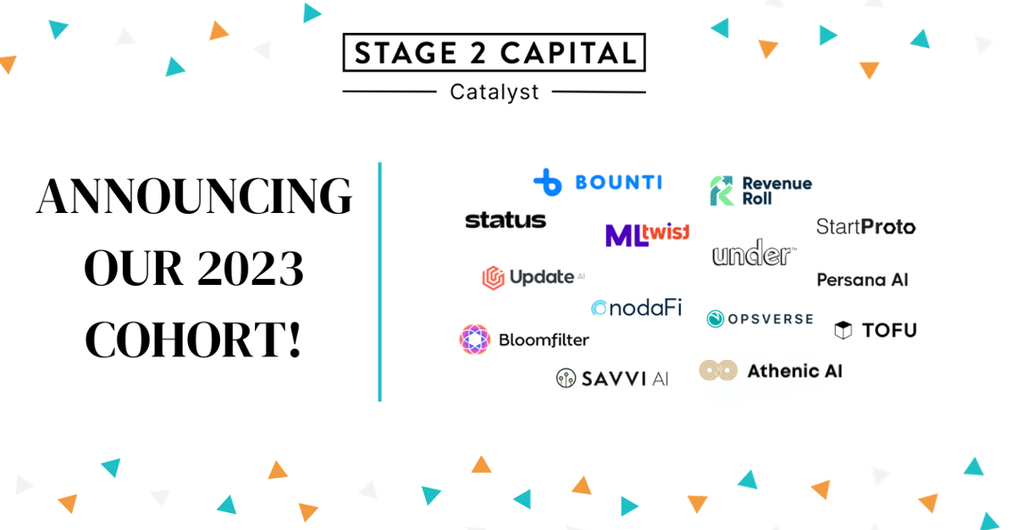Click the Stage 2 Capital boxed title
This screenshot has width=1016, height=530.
pyautogui.click(x=494, y=53)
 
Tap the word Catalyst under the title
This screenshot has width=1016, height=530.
pyautogui.click(x=494, y=92)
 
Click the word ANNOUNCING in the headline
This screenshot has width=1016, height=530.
pyautogui.click(x=193, y=197)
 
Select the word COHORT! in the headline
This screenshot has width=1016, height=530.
pyautogui.click(x=193, y=340)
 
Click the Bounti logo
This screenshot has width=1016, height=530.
pyautogui.click(x=597, y=183)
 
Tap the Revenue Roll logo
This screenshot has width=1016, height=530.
pyautogui.click(x=761, y=191)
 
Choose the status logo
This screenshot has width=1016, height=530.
pyautogui.click(x=505, y=220)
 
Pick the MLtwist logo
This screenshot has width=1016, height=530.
pyautogui.click(x=647, y=235)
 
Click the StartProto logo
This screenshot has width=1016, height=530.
pyautogui.click(x=865, y=227)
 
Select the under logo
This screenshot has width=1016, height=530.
pyautogui.click(x=753, y=254)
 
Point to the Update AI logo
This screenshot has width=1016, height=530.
pyautogui.click(x=533, y=278)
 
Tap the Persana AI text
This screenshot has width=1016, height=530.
pyautogui.click(x=862, y=280)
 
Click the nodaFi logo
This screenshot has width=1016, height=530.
pyautogui.click(x=635, y=308)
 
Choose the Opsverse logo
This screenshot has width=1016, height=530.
pyautogui.click(x=759, y=319)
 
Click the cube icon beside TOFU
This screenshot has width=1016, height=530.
pyautogui.click(x=843, y=330)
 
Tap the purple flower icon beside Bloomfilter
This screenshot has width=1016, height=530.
pyautogui.click(x=475, y=339)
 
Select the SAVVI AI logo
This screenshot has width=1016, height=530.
pyautogui.click(x=611, y=379)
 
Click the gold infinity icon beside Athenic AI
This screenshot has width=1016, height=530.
pyautogui.click(x=718, y=371)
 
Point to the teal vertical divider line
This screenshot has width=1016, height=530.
pyautogui.click(x=380, y=281)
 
